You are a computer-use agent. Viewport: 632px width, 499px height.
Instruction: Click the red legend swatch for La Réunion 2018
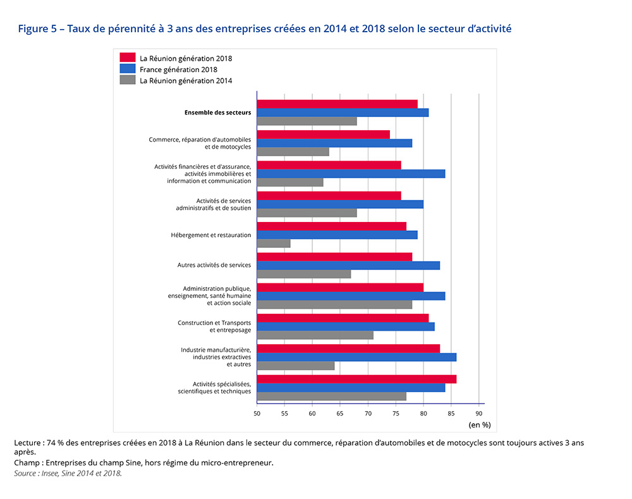[128, 58]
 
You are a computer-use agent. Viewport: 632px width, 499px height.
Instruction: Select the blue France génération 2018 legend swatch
[128, 69]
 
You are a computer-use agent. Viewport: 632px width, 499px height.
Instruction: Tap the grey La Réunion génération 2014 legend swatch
[128, 80]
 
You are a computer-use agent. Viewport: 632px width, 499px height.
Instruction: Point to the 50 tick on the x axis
[257, 413]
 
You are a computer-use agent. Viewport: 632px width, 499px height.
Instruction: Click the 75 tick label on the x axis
[396, 413]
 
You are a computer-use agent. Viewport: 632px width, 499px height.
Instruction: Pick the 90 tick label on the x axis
[479, 413]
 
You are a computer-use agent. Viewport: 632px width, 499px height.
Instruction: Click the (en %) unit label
[479, 425]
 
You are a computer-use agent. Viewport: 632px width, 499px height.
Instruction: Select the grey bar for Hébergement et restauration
[274, 243]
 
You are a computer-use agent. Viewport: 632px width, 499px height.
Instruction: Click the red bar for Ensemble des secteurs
[337, 104]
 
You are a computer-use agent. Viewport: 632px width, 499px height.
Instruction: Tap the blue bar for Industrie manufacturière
[356, 357]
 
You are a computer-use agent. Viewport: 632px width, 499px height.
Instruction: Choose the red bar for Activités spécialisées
[356, 379]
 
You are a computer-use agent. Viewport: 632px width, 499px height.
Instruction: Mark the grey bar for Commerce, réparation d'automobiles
[293, 152]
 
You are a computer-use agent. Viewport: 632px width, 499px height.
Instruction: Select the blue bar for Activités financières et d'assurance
[351, 174]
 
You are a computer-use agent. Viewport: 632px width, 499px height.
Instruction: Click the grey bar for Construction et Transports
[315, 335]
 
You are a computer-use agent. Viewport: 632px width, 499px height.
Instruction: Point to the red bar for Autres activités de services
[334, 257]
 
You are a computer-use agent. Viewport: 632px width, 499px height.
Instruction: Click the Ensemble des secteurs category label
[217, 113]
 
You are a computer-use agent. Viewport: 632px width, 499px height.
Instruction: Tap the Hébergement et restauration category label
[210, 235]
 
